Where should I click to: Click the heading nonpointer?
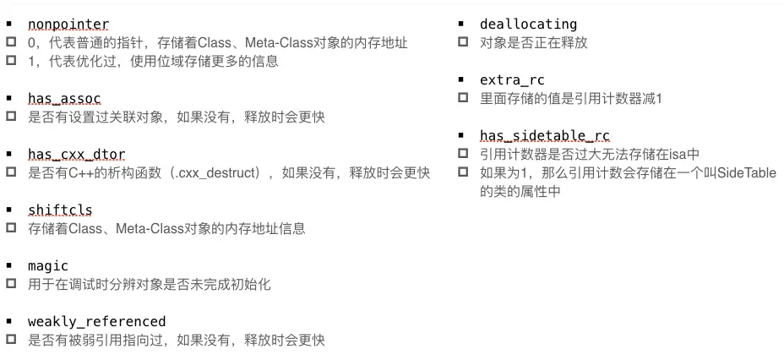click(x=68, y=24)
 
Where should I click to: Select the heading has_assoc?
click(x=64, y=98)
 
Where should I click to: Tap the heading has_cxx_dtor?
click(x=76, y=154)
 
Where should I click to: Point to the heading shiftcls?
click(x=60, y=210)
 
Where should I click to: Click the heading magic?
click(x=48, y=265)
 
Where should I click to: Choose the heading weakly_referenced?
click(x=96, y=321)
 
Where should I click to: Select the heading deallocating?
click(x=528, y=24)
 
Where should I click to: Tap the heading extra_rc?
click(x=512, y=79)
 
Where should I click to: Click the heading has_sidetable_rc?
click(x=544, y=135)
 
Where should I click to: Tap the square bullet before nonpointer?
click(x=10, y=24)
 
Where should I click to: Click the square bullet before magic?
click(x=10, y=265)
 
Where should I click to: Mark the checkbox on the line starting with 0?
click(x=10, y=42)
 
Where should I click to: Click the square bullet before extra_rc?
click(x=462, y=79)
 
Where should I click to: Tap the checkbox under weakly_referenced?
click(x=10, y=341)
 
